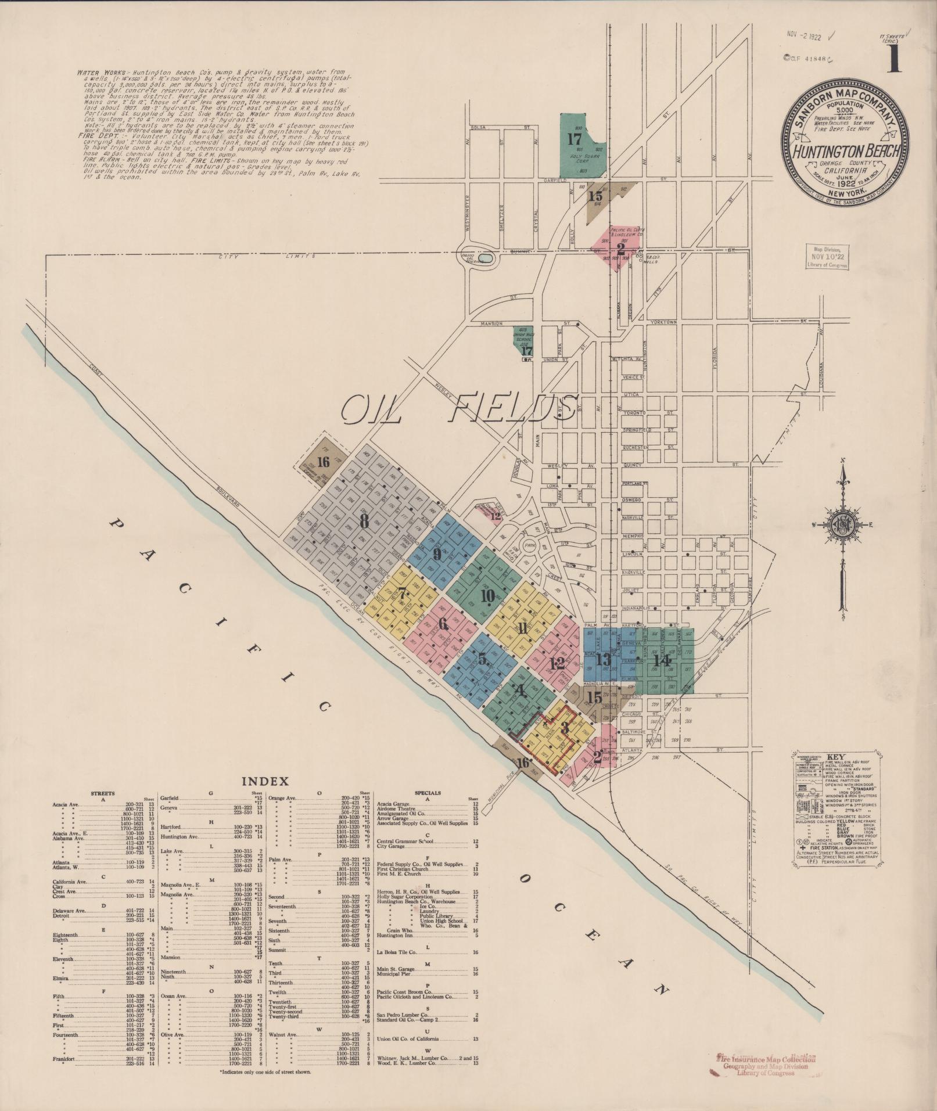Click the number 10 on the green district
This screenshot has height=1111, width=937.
[x=487, y=596]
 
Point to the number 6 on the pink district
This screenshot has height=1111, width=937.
[x=444, y=624]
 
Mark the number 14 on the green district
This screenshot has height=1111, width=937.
[x=662, y=660]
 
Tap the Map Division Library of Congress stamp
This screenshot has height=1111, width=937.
[x=827, y=256]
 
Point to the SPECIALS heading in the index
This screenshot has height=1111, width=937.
[x=428, y=793]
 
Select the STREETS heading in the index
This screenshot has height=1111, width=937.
[x=103, y=793]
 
